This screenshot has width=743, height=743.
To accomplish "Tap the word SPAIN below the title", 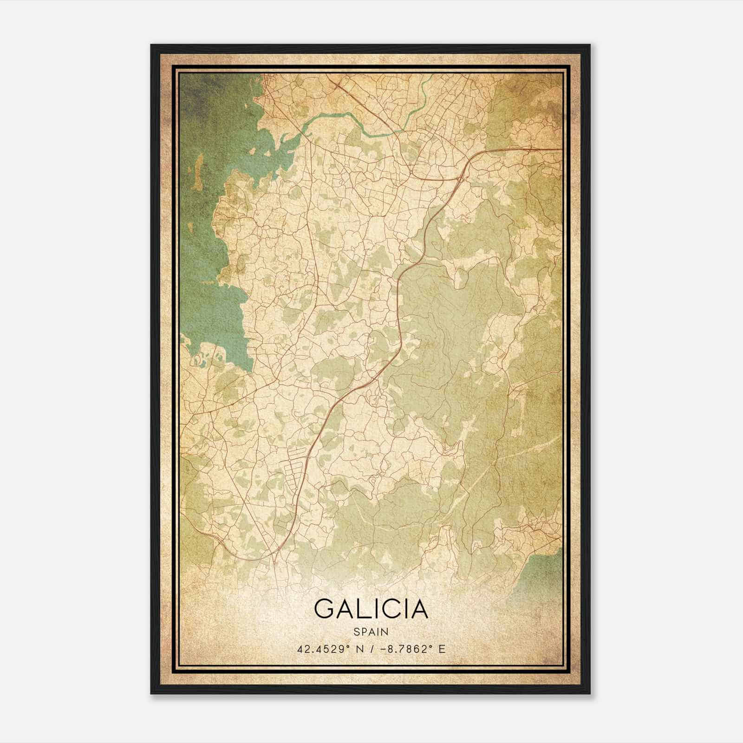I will tap(371, 632).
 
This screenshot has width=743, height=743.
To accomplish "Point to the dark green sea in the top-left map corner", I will tap(200, 102).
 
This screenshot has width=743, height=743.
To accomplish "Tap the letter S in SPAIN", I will tap(356, 632).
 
